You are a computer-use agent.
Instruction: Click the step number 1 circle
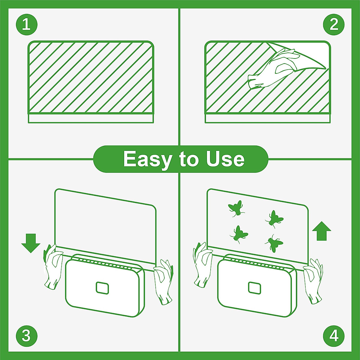pyautogui.click(x=26, y=24)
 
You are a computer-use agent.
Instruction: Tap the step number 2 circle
pyautogui.click(x=334, y=24)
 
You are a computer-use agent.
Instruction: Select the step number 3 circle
pyautogui.click(x=26, y=335)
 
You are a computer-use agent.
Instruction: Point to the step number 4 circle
pyautogui.click(x=334, y=335)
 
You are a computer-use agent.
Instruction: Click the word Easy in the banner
pyautogui.click(x=146, y=159)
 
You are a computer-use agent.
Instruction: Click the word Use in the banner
pyautogui.click(x=225, y=159)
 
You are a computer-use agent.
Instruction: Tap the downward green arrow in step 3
pyautogui.click(x=31, y=243)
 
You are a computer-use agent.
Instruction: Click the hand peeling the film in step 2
pyautogui.click(x=271, y=70)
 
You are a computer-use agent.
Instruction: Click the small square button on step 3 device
pyautogui.click(x=102, y=288)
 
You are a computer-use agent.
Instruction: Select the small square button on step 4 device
pyautogui.click(x=254, y=288)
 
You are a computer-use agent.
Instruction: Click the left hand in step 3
pyautogui.click(x=53, y=267)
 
